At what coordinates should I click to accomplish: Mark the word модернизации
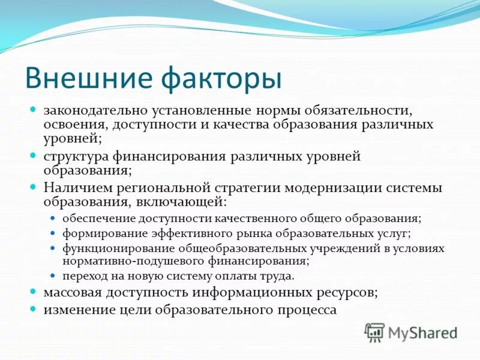pyautogui.click(x=334, y=188)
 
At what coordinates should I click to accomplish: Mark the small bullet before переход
pyautogui.click(x=52, y=277)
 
